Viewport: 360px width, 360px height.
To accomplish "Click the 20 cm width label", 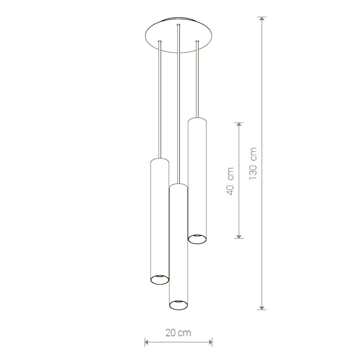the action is click(x=178, y=333).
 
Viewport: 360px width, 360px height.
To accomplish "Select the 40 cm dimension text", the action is click(x=230, y=181).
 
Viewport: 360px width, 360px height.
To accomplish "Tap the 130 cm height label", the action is click(x=253, y=164).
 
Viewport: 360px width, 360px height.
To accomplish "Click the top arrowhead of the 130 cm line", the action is click(x=262, y=18).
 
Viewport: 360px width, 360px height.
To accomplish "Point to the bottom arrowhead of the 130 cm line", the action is click(x=262, y=308).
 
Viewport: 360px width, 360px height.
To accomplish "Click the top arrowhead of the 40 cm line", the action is click(x=239, y=125).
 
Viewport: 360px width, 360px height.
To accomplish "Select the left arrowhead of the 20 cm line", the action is click(x=147, y=342).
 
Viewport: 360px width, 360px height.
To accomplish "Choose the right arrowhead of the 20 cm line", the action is click(x=210, y=342).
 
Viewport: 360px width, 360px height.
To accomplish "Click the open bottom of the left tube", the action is click(x=160, y=279).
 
